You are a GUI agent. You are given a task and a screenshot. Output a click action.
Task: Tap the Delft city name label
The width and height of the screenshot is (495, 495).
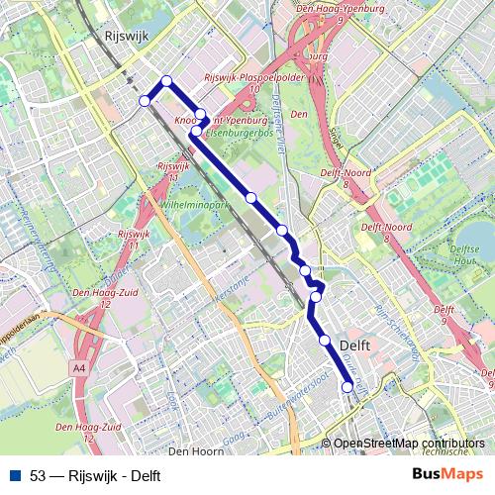[354, 345]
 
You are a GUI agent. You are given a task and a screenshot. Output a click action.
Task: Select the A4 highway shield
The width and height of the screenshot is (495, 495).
[78, 367]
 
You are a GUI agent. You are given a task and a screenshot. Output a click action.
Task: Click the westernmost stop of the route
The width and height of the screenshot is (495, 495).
[145, 100]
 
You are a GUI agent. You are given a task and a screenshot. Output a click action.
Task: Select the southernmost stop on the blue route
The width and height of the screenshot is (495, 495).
[347, 388]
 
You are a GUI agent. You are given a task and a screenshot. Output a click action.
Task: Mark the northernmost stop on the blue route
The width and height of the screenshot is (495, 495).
[166, 81]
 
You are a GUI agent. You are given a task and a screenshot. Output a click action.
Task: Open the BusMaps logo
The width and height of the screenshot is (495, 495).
[447, 474]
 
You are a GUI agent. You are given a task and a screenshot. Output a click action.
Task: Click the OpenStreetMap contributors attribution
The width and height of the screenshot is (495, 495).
[408, 444]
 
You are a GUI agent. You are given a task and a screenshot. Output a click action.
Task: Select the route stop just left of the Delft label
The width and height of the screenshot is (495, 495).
[325, 341]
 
